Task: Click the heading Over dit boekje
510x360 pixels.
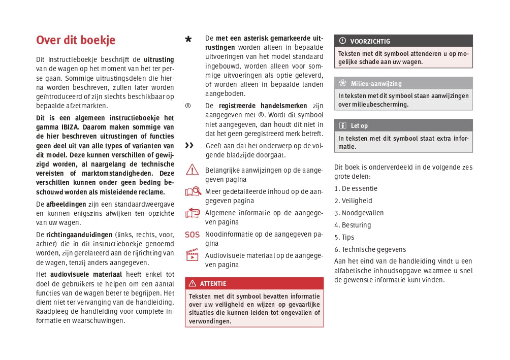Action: [x=76, y=40]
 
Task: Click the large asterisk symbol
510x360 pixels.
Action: [x=188, y=40]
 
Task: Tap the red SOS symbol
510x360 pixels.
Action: [x=193, y=235]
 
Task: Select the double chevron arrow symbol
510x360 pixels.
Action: [x=189, y=146]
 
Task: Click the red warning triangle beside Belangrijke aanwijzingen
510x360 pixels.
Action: [x=193, y=170]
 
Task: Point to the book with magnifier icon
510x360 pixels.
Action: [x=193, y=192]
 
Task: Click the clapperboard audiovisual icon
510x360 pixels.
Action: [x=193, y=255]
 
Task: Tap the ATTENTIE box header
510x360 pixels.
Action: [x=254, y=283]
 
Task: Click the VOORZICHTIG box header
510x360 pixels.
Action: [x=403, y=41]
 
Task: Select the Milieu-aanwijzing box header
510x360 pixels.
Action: [x=403, y=83]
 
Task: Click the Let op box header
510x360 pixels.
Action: [x=403, y=125]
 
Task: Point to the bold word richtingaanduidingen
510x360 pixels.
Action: [x=79, y=235]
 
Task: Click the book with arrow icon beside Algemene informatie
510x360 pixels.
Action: [x=193, y=213]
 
